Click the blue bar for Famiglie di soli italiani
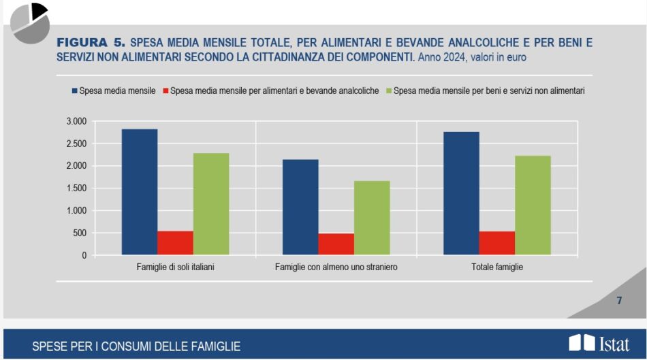[140, 192]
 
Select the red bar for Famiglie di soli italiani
[175, 243]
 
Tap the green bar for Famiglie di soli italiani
[211, 204]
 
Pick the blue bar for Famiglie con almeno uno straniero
[300, 208]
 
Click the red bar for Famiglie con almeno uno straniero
[336, 244]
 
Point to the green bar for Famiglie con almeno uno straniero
[372, 218]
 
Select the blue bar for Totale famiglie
[461, 193]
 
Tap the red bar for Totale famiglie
[497, 243]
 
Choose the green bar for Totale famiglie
[533, 206]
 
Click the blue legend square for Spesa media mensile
[73, 91]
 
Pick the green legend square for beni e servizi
[388, 91]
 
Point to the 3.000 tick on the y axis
[76, 121]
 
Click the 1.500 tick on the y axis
[76, 189]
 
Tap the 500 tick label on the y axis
[79, 233]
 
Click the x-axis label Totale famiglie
[497, 267]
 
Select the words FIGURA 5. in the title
[91, 43]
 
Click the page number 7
[619, 300]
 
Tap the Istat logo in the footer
[599, 344]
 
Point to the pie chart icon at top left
[30, 22]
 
